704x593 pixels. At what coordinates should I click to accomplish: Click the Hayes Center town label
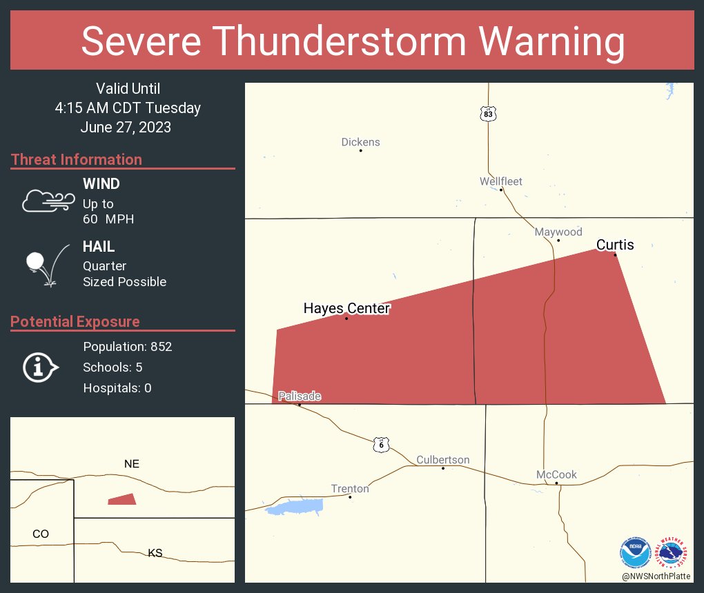click(346, 308)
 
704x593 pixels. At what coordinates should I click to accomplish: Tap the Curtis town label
click(615, 245)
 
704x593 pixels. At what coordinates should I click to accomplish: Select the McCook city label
click(556, 474)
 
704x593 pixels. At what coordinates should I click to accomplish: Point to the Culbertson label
click(442, 460)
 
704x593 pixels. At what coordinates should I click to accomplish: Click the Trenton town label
click(350, 489)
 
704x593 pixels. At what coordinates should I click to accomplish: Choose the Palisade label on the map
click(300, 396)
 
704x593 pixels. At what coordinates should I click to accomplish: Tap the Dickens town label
click(360, 142)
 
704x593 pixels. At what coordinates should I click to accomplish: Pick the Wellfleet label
click(501, 181)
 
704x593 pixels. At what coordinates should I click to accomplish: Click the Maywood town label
click(558, 232)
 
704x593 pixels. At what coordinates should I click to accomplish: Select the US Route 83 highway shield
click(488, 113)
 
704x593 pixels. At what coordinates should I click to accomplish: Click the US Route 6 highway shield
click(381, 445)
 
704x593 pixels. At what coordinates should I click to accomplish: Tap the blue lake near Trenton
click(295, 507)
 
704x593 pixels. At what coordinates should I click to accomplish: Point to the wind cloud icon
click(47, 200)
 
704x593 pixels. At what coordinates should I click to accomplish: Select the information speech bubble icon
click(40, 368)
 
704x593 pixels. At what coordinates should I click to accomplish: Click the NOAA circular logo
click(635, 553)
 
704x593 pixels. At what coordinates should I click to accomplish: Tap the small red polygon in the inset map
click(123, 499)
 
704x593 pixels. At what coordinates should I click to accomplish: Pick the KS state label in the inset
click(155, 553)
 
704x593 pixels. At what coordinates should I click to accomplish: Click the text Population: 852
click(127, 346)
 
